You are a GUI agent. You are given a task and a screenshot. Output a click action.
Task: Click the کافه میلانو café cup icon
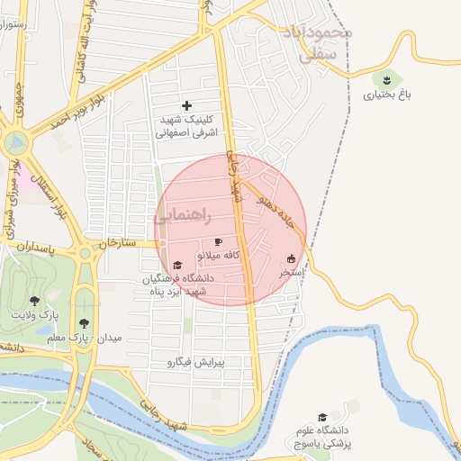[x=218, y=242]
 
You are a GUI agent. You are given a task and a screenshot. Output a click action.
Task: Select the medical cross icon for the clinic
[x=186, y=106]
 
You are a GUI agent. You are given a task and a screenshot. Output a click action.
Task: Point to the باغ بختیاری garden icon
[x=388, y=79]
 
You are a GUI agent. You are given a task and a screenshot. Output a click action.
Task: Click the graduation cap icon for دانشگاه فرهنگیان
[x=177, y=266]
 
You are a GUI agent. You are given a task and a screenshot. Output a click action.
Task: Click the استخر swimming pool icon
[x=290, y=258]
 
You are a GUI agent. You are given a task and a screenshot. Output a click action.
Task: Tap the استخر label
[x=291, y=271]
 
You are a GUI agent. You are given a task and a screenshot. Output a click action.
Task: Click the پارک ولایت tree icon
[x=34, y=301]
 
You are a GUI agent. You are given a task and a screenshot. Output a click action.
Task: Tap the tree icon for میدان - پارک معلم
[x=84, y=322]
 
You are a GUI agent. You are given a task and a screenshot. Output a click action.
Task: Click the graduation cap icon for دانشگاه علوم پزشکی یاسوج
[x=322, y=417]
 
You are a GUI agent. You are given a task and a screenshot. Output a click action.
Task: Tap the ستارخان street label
[x=117, y=243]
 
